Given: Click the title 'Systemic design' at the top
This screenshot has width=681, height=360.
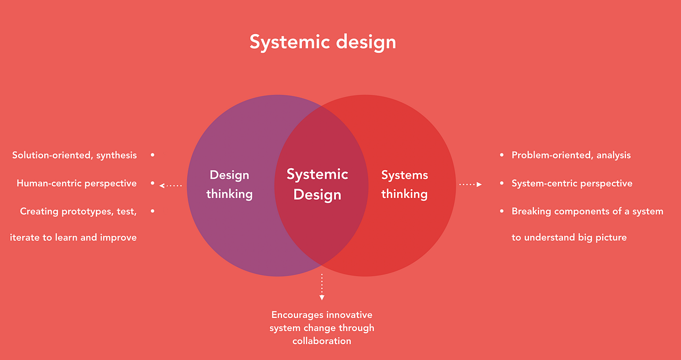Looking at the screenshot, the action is (323, 43).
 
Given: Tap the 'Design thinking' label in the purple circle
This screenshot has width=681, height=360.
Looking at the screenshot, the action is (229, 185).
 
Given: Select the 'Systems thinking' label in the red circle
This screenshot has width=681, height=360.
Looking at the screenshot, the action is (405, 185).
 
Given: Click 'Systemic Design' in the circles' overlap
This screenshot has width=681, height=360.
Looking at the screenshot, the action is (317, 185).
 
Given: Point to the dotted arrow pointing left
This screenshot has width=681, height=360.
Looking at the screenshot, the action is (171, 185).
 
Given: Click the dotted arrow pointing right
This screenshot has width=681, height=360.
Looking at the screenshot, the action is (470, 185).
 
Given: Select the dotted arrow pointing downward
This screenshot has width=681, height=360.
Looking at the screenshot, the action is (322, 287).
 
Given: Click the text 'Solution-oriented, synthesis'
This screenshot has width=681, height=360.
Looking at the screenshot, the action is (74, 155).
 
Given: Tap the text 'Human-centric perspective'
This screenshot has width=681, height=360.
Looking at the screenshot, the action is (77, 183).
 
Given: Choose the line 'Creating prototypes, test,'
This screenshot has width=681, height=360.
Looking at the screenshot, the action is (78, 211).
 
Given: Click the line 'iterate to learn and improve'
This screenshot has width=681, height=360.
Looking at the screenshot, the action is (73, 237).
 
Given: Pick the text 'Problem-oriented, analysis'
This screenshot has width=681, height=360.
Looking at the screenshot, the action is (571, 155).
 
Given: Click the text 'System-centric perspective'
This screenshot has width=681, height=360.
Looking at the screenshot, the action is (572, 183).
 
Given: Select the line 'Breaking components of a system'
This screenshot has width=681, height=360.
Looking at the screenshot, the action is (587, 211).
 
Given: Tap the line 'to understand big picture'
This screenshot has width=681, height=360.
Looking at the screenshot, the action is (569, 237).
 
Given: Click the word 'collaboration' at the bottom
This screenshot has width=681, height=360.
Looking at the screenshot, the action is (322, 341).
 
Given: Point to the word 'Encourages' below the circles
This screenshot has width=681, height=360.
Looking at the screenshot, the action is (292, 315).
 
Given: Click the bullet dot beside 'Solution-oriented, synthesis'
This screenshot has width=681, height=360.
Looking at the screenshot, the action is (153, 155).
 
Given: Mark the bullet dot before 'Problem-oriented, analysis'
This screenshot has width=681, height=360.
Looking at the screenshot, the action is (502, 155).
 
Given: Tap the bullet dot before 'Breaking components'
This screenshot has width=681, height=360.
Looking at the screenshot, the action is (502, 211).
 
